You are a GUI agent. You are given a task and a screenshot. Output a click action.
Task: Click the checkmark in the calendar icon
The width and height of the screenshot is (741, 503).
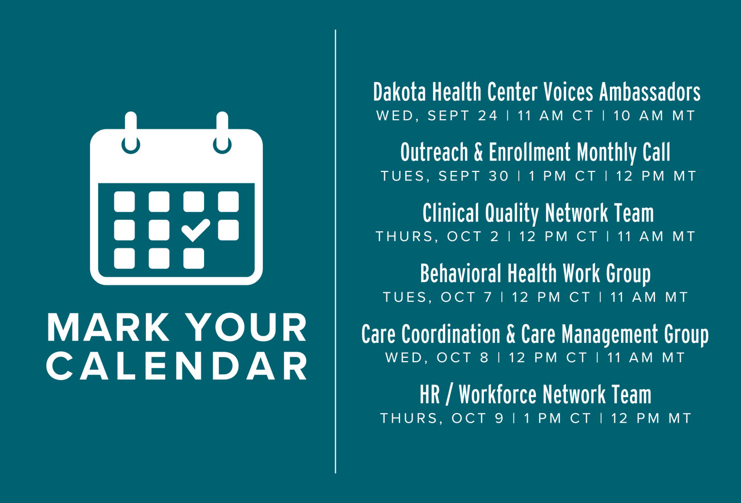[196, 230]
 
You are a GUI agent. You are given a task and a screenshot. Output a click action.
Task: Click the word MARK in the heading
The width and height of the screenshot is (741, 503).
[108, 327]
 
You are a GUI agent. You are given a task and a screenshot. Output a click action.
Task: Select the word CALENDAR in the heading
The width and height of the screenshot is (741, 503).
[177, 366]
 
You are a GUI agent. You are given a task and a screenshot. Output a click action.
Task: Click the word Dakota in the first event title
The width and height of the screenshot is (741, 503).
[399, 92]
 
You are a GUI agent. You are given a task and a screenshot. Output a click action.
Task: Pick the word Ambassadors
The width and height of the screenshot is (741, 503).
[650, 92]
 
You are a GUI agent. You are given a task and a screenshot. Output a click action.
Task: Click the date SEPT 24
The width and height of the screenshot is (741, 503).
[462, 116]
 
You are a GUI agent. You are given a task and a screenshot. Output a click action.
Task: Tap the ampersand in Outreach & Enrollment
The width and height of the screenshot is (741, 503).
[478, 152]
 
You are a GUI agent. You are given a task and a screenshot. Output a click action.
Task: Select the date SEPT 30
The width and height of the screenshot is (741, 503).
[473, 176]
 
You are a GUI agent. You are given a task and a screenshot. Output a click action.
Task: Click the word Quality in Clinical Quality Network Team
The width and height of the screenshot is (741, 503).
[512, 213]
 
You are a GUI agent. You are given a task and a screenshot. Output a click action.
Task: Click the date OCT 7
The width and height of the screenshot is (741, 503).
[466, 297]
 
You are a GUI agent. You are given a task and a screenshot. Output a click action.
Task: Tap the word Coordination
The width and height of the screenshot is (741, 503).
[450, 334]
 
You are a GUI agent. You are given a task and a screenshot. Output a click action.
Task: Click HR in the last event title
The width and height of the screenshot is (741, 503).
[430, 395]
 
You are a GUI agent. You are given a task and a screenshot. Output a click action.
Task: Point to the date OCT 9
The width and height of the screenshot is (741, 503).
[477, 418]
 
